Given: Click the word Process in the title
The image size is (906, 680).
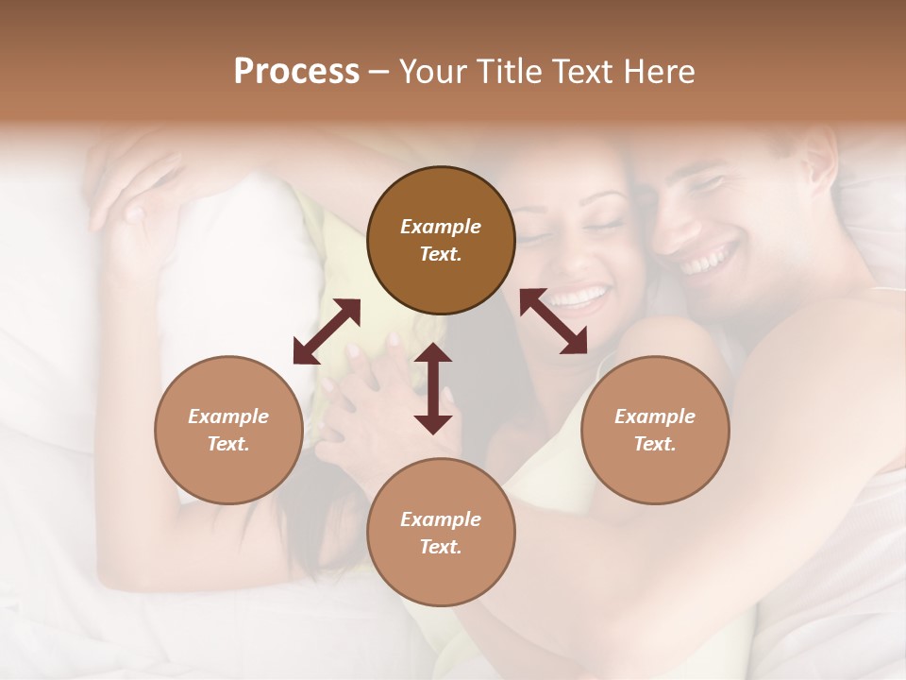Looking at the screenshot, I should click(x=296, y=72).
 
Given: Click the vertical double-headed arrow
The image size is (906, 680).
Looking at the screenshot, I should click(x=433, y=387).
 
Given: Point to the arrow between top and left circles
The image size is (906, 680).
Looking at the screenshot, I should click(x=327, y=331).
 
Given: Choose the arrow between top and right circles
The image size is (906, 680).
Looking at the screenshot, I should click(x=554, y=321).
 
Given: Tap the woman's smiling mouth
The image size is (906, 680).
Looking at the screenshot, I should click(x=578, y=298).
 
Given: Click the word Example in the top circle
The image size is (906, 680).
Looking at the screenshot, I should click(x=441, y=227).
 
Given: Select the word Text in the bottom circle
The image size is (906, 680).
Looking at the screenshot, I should click(x=439, y=547).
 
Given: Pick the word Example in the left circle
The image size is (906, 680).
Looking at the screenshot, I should click(x=228, y=416).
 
